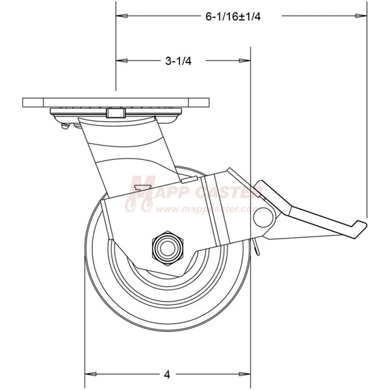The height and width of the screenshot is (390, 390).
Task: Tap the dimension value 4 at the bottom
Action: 167,374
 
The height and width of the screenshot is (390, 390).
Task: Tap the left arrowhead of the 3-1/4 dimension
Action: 120,60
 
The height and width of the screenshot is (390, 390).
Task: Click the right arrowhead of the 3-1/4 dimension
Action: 248,60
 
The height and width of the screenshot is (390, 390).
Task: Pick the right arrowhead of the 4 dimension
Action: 248,374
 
